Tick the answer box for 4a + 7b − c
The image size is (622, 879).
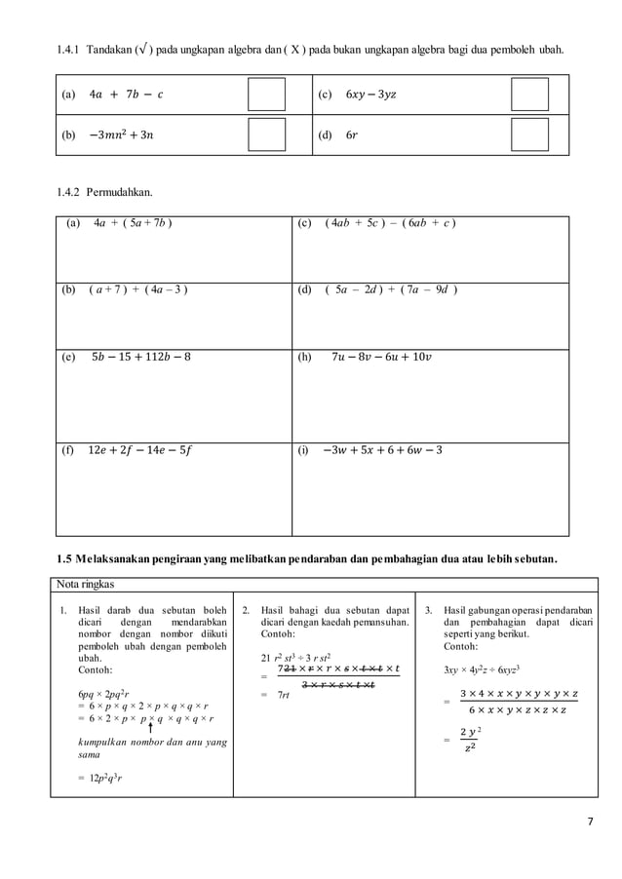(266, 95)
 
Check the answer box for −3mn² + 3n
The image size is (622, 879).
(266, 134)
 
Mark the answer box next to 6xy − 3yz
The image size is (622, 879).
(529, 95)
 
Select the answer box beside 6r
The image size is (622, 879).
(529, 134)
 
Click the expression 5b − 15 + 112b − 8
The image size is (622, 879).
(140, 357)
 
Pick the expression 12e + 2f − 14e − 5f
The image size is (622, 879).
(140, 450)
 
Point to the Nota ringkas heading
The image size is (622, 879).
(86, 585)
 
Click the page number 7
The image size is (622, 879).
(590, 821)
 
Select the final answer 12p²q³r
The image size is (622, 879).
(100, 778)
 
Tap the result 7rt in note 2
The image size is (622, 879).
(286, 694)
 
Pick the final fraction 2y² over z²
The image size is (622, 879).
(470, 740)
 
